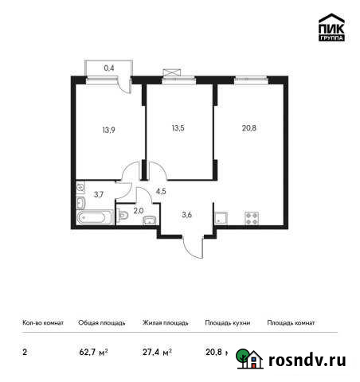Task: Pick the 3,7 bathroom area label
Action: tap(98, 193)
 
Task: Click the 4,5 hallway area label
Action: tap(161, 192)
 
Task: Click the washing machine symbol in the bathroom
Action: tap(81, 188)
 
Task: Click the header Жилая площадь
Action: tap(166, 323)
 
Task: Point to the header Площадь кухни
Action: tap(228, 323)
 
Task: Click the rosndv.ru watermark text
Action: tap(306, 360)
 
